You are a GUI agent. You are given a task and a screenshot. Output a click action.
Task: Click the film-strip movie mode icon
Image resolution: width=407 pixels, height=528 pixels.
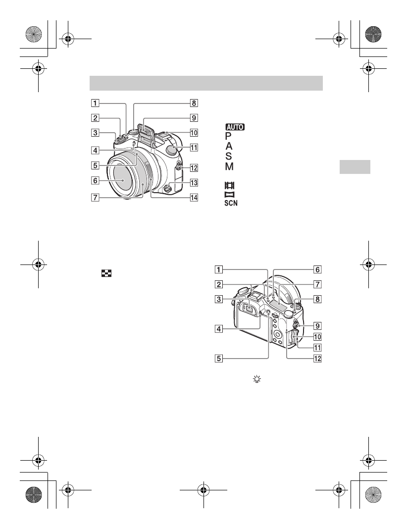point(228,185)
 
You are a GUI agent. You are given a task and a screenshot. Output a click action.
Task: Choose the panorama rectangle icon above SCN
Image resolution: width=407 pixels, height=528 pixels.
point(228,195)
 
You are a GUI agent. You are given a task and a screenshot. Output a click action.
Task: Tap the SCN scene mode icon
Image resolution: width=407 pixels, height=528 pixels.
point(230,204)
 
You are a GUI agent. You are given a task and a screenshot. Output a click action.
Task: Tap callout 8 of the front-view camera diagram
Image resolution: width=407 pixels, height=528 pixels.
point(195,104)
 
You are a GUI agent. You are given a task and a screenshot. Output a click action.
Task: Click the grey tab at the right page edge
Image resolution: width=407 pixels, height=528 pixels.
point(355,167)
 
